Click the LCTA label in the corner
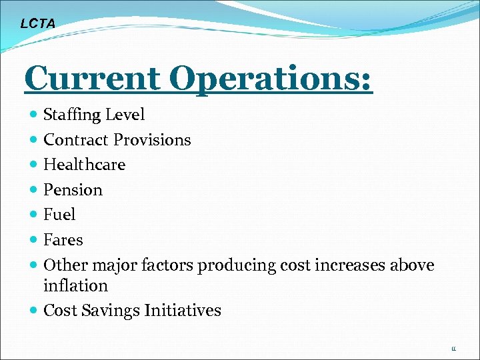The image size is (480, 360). coord(37,24)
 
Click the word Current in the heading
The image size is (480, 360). coord(91,79)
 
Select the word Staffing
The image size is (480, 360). coord(70,115)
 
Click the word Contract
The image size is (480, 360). coord(76,140)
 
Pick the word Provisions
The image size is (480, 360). coord(152,140)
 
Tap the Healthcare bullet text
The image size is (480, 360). coord(84,165)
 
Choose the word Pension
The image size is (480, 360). coord(73,190)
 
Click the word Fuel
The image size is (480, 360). coord(59,215)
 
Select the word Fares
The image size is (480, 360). coord(63,240)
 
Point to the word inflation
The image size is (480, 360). coord(75,286)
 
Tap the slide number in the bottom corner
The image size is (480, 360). coord(453,349)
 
